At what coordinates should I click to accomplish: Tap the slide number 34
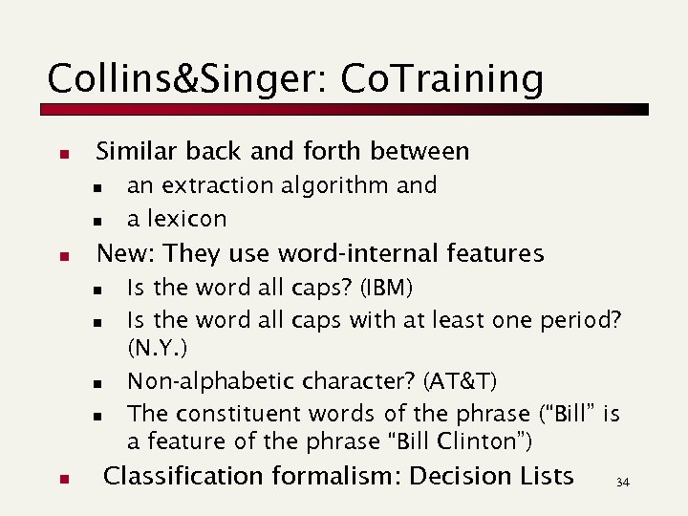(623, 483)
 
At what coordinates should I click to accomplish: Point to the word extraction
(211, 184)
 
